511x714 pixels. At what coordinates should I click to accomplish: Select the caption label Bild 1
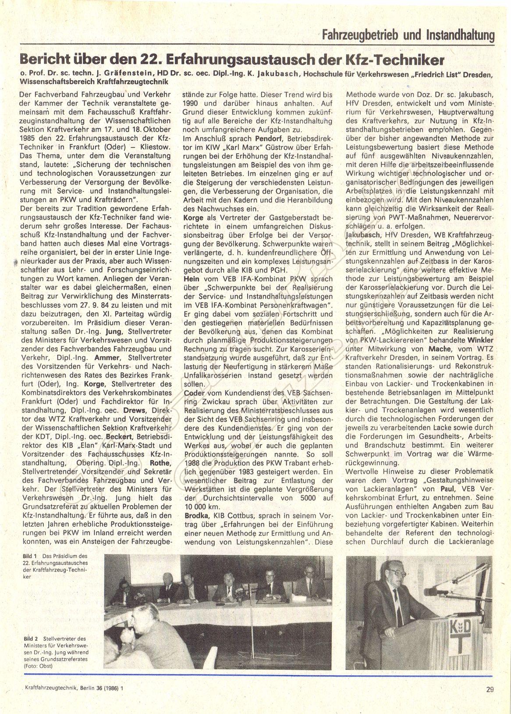[x=30, y=557]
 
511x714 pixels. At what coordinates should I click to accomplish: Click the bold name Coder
[x=195, y=393]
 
